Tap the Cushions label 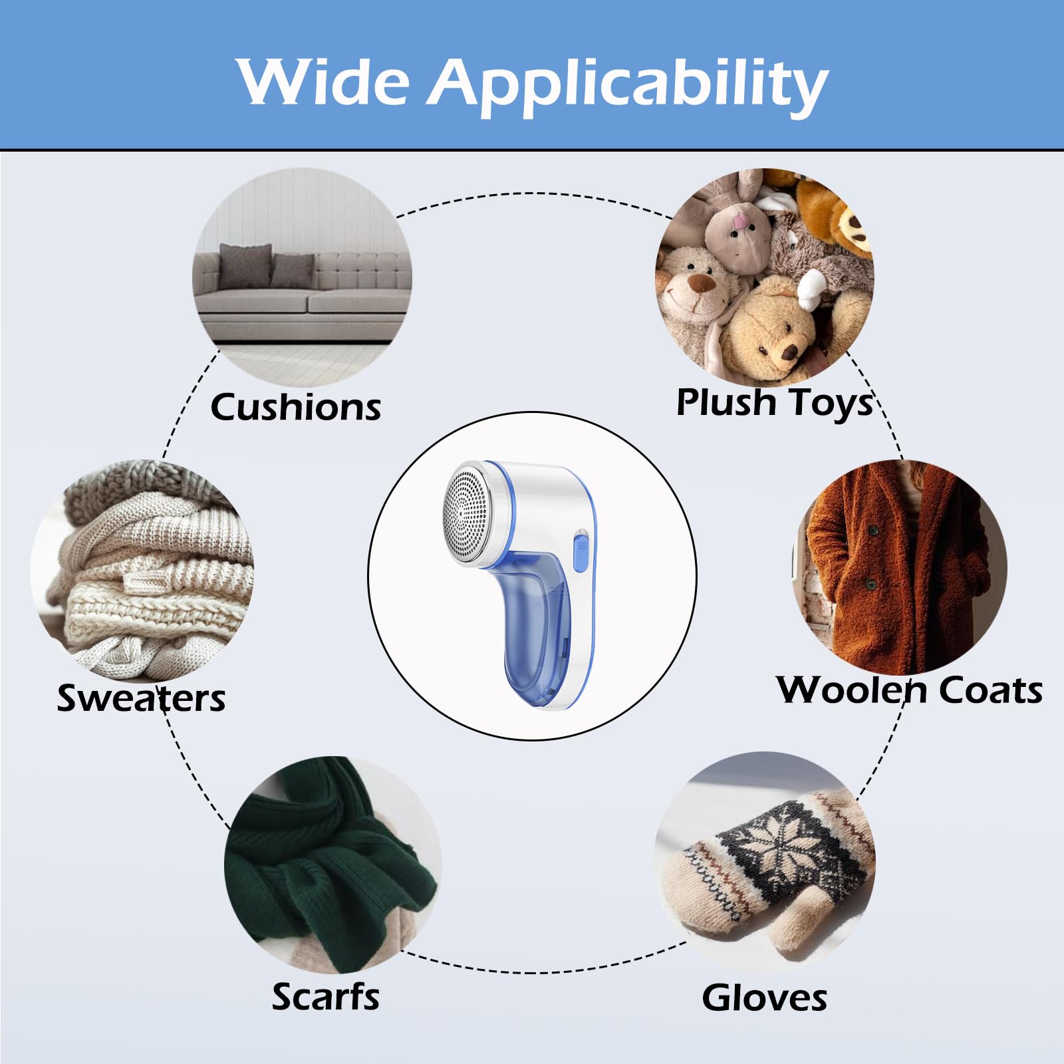coord(296,407)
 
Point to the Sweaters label coord(141,698)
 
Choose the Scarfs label coord(326,997)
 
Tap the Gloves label coord(765,998)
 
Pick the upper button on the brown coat coord(874,530)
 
